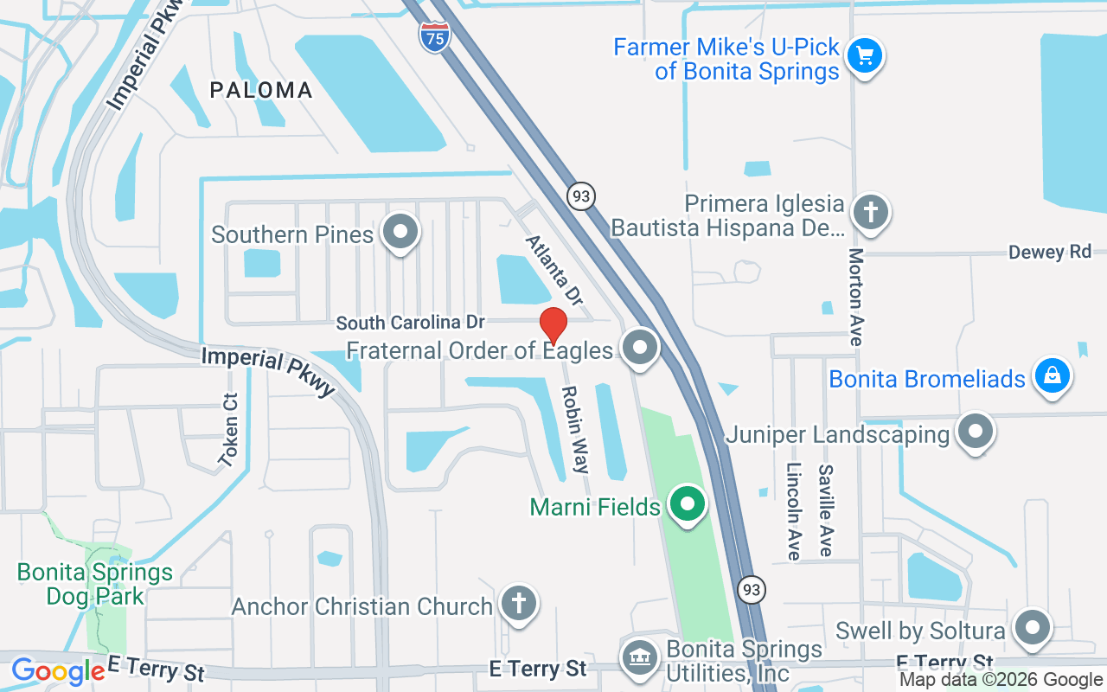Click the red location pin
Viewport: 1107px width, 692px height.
click(x=553, y=326)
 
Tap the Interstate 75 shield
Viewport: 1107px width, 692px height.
click(x=435, y=37)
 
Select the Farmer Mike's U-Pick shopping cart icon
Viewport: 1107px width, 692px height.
click(x=863, y=56)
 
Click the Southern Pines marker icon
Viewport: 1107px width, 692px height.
click(x=400, y=232)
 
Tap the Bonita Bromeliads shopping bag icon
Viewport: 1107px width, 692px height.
click(x=1052, y=376)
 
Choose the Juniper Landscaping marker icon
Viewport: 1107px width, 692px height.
click(x=976, y=430)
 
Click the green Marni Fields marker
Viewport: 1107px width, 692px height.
click(x=688, y=503)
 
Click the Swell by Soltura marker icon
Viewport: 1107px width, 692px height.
click(x=1032, y=628)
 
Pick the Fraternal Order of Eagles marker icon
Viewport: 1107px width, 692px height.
click(x=640, y=348)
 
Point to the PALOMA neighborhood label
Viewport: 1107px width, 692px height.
click(x=261, y=90)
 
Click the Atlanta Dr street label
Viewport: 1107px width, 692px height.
click(x=554, y=270)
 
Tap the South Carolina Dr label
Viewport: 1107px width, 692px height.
click(x=410, y=323)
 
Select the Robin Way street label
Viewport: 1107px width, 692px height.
click(x=575, y=430)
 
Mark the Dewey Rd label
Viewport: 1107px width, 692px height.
click(x=1050, y=252)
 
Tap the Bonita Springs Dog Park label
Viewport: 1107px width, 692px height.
click(x=95, y=584)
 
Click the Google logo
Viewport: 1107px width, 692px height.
click(x=58, y=671)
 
